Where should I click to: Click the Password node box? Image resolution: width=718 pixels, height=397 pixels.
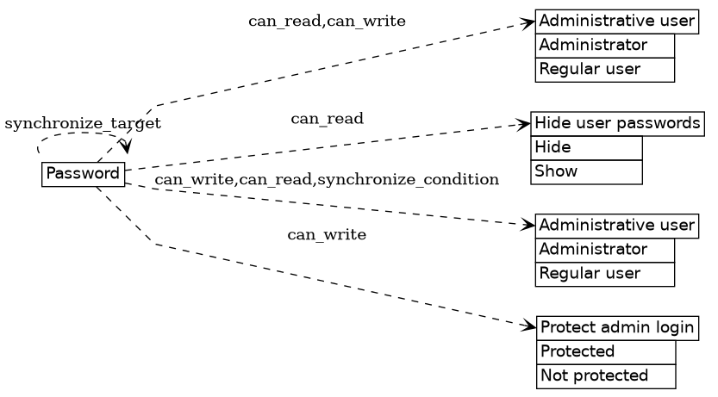[x=83, y=174]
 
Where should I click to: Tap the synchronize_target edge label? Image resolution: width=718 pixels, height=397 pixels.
[x=83, y=124]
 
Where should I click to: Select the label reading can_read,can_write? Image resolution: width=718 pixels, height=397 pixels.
[x=327, y=21]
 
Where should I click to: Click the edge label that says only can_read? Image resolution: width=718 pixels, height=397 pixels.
[x=327, y=118]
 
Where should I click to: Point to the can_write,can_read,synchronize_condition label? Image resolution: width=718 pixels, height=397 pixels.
[x=327, y=179]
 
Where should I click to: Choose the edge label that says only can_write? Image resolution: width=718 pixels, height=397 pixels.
[x=327, y=234]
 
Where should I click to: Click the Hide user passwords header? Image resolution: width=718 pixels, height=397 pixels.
[x=617, y=124]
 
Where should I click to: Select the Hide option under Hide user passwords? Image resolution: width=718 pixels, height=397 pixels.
[x=586, y=147]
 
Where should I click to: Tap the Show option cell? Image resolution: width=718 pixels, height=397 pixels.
[x=586, y=171]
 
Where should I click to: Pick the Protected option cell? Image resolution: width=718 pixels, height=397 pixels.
[x=606, y=351]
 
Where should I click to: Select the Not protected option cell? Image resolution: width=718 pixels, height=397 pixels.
[x=606, y=375]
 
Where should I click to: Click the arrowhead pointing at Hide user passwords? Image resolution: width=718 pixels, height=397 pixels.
[x=524, y=125]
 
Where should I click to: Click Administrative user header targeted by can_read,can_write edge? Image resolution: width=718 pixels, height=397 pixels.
[x=616, y=21]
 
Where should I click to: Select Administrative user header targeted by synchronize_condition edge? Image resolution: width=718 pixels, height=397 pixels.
[x=616, y=226]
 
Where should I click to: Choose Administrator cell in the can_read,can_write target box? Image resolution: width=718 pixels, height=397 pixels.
[x=604, y=45]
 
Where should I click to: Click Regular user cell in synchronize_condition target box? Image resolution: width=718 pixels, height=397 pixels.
[x=604, y=274]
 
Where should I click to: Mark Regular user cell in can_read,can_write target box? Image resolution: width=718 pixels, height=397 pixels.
[x=604, y=69]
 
